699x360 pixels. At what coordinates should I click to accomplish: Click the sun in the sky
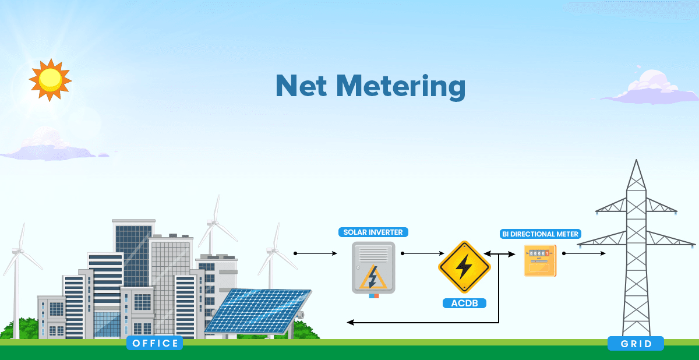click(50, 79)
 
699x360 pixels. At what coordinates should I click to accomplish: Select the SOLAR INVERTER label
click(373, 232)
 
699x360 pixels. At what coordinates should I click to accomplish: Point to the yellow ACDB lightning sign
click(464, 267)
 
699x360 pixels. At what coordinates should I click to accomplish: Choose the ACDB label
click(464, 303)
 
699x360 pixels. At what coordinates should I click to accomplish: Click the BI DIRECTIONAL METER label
click(540, 234)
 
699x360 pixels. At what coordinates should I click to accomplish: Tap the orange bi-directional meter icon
click(540, 260)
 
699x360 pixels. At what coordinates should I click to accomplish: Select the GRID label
click(636, 344)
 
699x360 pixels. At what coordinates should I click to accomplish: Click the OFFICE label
click(155, 343)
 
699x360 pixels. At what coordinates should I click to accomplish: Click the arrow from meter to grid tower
click(584, 253)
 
